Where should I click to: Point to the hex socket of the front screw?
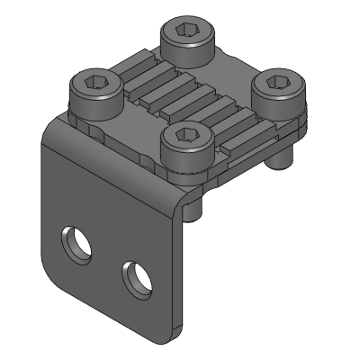[x=186, y=137]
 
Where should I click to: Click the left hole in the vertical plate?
[x=75, y=243]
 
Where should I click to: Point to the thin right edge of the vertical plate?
[x=184, y=270]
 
